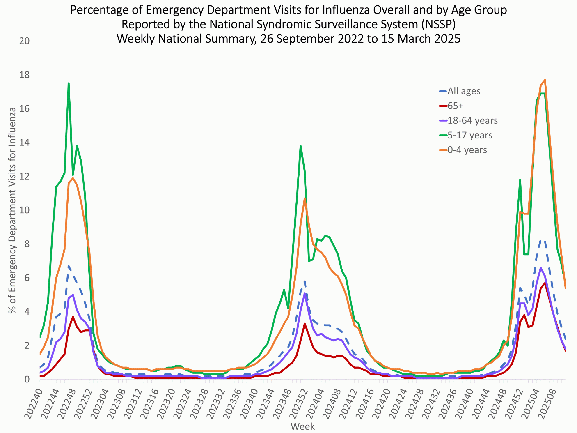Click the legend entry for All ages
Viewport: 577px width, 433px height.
[464, 91]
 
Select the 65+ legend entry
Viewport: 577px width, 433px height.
[456, 106]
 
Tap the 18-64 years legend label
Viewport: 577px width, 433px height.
[472, 120]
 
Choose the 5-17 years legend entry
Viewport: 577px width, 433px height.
[470, 135]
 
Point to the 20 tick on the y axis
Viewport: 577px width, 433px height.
[24, 41]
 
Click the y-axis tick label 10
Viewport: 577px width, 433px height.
[24, 210]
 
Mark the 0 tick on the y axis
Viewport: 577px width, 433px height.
[27, 379]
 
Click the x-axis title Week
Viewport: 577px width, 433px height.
[302, 426]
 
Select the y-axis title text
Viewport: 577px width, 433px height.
[12, 210]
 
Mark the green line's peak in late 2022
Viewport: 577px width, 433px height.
[69, 83]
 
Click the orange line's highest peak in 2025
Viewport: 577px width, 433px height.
[545, 80]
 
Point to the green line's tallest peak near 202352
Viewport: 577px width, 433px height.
[300, 146]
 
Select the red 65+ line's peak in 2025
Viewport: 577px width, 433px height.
[545, 283]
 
